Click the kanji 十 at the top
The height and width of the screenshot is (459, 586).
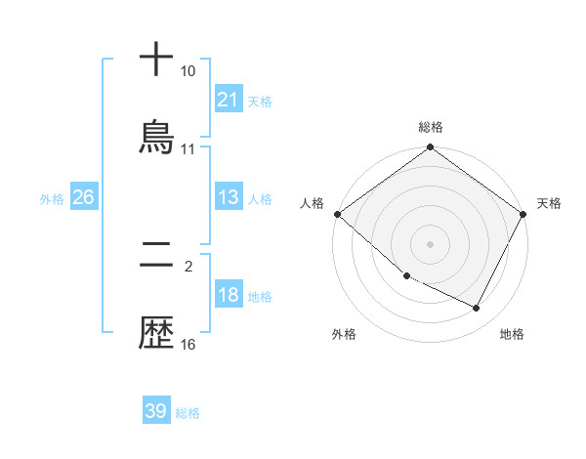[x=156, y=59]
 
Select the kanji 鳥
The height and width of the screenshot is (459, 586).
[x=156, y=137]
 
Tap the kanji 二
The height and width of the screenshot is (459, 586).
[x=156, y=259]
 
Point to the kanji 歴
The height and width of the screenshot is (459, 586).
[x=156, y=335]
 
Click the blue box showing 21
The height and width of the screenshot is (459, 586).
[x=229, y=100]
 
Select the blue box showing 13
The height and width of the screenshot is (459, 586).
[x=229, y=198]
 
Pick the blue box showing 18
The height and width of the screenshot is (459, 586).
[x=229, y=296]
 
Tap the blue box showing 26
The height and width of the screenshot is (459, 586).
[x=83, y=198]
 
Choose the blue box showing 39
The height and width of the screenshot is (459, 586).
[x=155, y=411]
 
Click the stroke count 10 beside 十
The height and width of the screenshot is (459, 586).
[x=188, y=71]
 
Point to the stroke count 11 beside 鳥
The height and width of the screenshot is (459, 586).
[x=188, y=149]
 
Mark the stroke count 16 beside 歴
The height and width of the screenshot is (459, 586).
[x=188, y=345]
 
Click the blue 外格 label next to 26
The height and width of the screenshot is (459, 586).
[x=52, y=199]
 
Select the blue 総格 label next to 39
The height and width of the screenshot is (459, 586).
[x=188, y=413]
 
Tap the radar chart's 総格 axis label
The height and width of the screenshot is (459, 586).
[x=431, y=127]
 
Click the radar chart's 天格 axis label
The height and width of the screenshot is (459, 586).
[x=549, y=203]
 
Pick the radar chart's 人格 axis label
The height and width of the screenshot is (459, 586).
[x=312, y=203]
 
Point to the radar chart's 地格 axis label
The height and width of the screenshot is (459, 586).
[x=512, y=334]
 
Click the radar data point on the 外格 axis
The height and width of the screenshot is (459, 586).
[x=406, y=275]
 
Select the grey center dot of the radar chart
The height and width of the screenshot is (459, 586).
[x=431, y=243]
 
